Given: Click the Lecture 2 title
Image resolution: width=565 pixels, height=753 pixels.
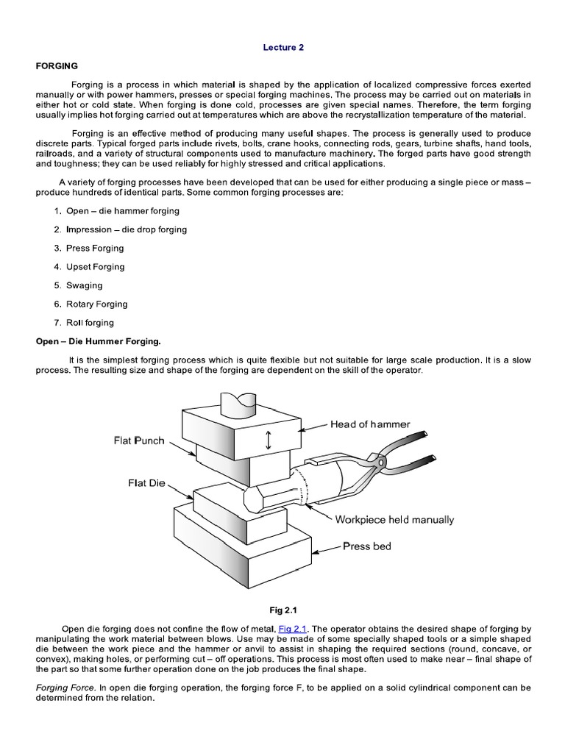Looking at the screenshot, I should point(283,48).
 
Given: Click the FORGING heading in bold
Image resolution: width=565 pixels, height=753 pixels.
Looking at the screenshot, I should point(57,66).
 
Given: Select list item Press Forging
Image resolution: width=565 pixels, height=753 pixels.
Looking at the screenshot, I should point(95,248).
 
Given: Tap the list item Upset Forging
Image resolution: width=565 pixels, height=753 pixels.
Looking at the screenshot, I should point(95,267).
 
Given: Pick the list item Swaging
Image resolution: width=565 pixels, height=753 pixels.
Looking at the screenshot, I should point(84,285).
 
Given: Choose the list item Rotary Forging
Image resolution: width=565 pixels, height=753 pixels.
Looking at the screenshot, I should point(96,304).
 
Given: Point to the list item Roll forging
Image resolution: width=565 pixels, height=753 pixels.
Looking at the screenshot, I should point(90,322).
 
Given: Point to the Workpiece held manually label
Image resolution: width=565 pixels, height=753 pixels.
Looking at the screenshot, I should point(394,520).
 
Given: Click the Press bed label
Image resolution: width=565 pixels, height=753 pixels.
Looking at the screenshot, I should point(367,547).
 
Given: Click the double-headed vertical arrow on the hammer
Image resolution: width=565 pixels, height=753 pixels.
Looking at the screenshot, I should point(269,440).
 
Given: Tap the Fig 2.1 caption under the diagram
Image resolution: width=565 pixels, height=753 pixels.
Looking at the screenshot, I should point(283,610).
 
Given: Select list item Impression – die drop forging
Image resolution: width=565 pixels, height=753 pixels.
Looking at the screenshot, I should point(126,229).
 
